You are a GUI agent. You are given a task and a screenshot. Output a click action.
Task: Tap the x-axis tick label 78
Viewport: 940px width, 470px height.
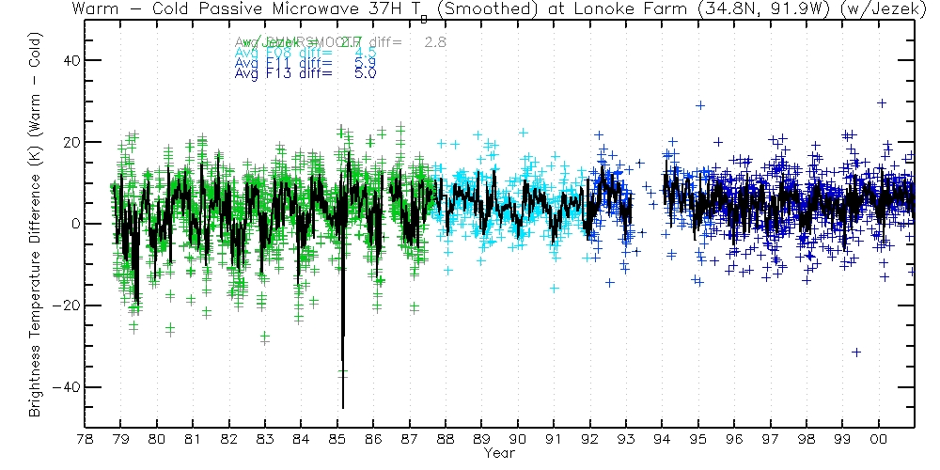[x=85, y=439]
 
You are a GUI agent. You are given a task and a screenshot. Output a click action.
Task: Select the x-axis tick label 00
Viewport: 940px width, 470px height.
[x=879, y=439]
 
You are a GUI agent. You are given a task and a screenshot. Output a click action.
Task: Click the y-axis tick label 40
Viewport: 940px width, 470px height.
[x=69, y=60]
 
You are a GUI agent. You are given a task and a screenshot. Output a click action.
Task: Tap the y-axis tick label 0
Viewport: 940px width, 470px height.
[x=73, y=224]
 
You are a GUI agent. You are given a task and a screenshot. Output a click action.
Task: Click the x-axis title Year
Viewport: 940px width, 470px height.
[x=498, y=453]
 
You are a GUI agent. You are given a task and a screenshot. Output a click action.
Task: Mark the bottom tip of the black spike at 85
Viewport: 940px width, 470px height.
[x=343, y=407]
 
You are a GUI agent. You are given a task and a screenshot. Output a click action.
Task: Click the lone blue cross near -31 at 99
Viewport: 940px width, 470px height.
[x=856, y=352]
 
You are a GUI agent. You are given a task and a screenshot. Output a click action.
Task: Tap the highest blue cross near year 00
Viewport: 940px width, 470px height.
[x=882, y=103]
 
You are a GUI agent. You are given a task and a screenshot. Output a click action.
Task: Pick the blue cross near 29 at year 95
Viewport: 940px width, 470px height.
[x=700, y=105]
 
